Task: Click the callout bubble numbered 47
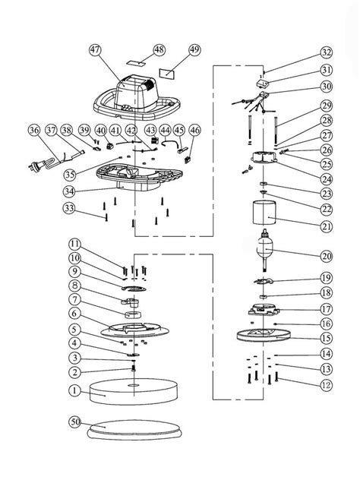coord(95,50)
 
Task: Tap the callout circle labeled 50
coord(75,421)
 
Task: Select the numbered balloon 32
coord(326,52)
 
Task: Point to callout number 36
coord(34,131)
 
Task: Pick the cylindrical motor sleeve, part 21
coord(264,212)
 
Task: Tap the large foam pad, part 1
coord(134,392)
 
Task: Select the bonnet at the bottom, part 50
coord(134,430)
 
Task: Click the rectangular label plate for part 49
coord(166,74)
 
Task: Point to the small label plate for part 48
coord(137,62)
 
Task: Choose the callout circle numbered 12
coord(326,385)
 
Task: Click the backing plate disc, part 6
coord(134,330)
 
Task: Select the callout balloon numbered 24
coord(326,179)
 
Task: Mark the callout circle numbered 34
coord(69,191)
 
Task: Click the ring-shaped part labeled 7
coord(134,315)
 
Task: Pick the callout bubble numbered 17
coord(326,309)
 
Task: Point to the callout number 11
coord(74,245)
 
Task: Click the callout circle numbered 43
coord(150,131)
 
